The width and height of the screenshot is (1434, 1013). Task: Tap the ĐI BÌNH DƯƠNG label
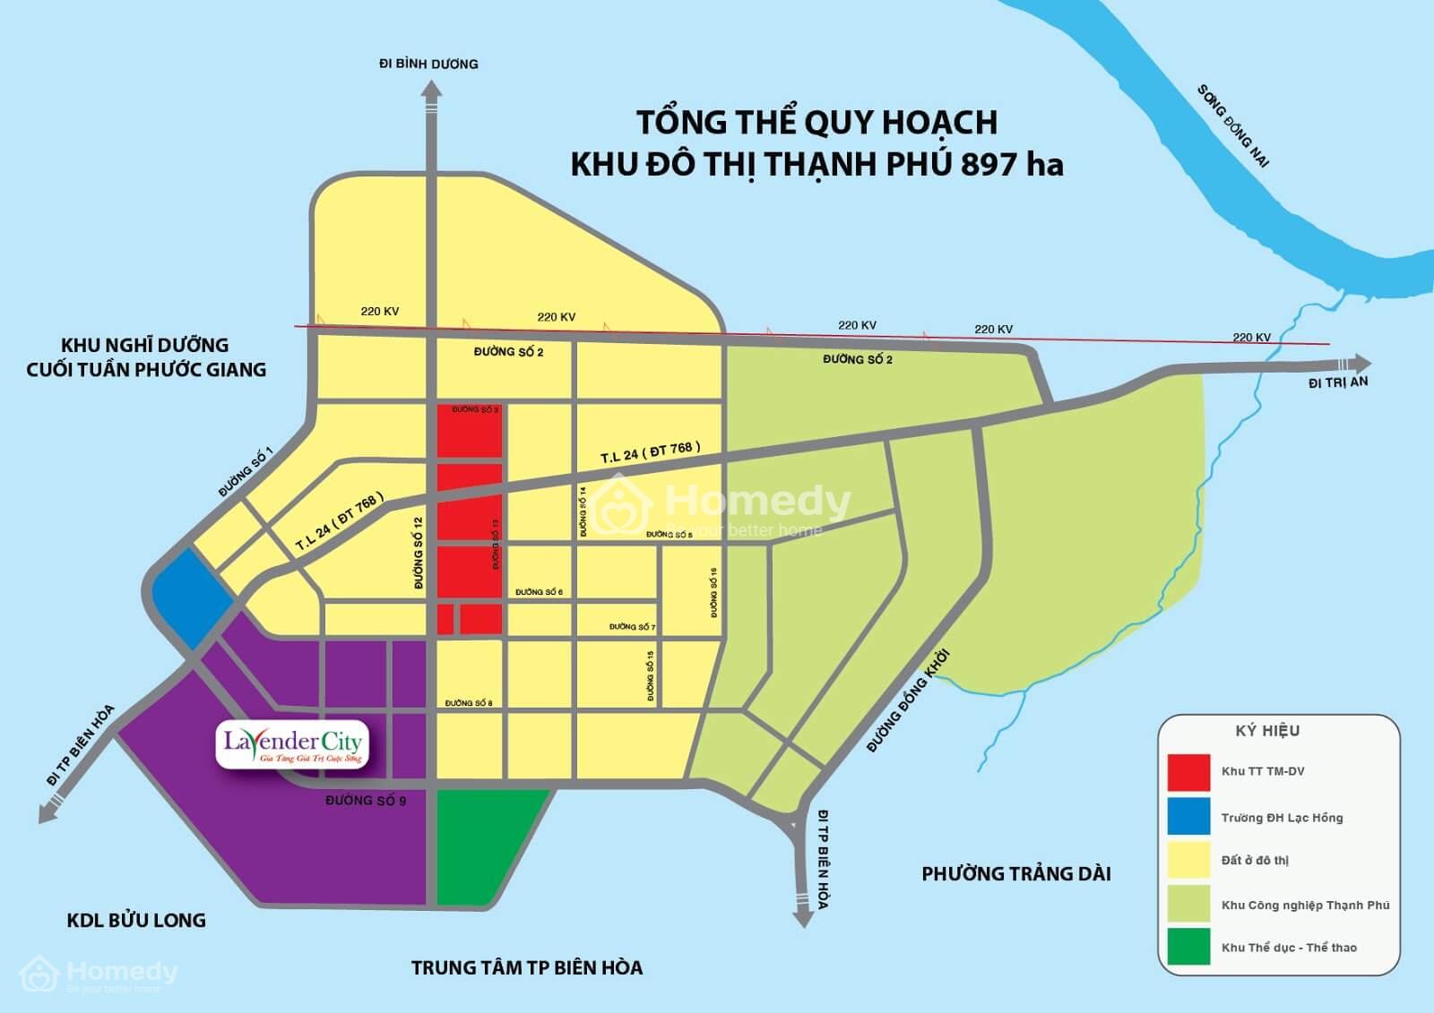[428, 64]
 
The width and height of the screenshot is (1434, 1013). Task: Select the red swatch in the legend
[1188, 772]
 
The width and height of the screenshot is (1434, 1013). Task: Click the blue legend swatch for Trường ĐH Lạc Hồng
[1188, 817]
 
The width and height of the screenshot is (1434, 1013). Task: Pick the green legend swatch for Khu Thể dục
[1188, 948]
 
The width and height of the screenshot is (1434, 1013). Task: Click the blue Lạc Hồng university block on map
[192, 597]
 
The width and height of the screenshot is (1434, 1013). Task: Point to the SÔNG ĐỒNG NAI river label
[1234, 126]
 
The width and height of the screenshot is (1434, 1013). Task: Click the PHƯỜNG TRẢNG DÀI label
[1015, 874]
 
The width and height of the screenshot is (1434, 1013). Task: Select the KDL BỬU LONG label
[136, 920]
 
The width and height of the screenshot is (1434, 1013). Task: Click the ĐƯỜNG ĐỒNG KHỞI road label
[906, 701]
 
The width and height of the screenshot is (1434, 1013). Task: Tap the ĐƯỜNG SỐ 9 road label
[366, 800]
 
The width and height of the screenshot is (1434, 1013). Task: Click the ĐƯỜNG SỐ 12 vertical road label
[418, 553]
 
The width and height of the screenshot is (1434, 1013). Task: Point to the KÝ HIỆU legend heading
[1267, 731]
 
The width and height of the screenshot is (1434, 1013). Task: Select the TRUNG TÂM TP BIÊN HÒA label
[527, 968]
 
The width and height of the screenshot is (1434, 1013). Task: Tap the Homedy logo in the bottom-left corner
[99, 974]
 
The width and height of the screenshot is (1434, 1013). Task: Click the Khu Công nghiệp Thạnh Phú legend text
[1305, 906]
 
